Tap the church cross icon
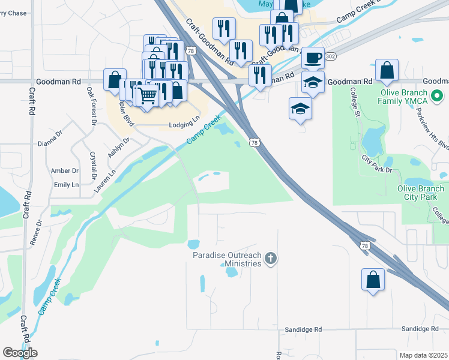pos(271,259)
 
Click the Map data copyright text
pos(414,355)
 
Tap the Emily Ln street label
pos(66,185)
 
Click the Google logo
pos(20,353)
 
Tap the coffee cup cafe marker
pos(313,58)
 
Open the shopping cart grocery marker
pos(148,95)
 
